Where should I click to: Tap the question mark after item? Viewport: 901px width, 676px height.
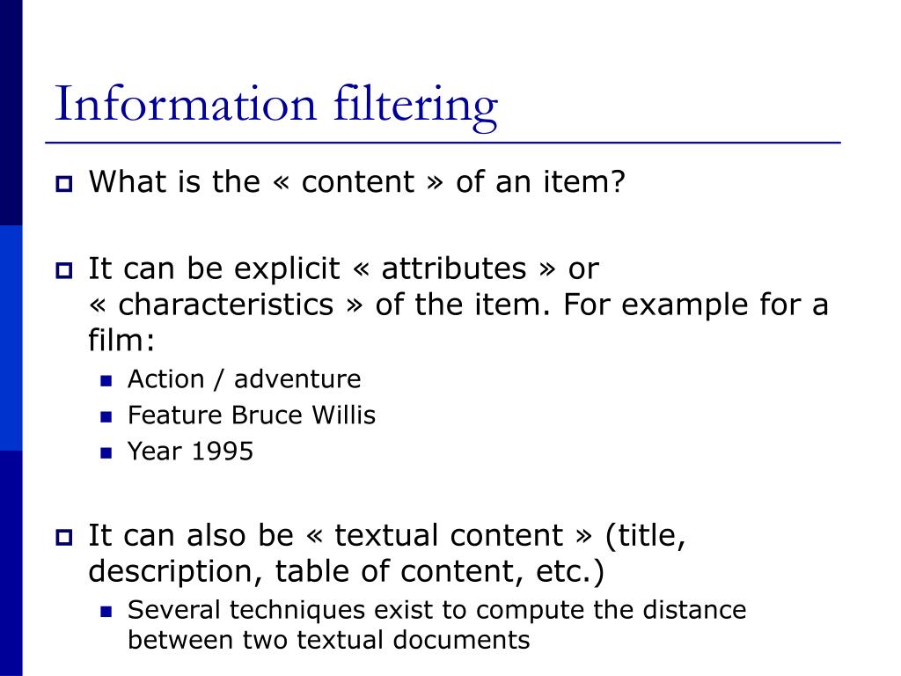pos(618,182)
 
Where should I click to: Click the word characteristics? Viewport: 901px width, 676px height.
pos(226,305)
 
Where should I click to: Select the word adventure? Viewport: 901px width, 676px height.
pos(297,379)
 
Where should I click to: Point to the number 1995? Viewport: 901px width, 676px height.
pos(223,452)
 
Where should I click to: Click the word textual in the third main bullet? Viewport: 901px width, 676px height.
pos(388,535)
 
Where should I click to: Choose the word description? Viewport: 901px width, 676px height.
pos(167,571)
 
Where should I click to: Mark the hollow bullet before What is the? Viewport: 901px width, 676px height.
pos(64,184)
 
